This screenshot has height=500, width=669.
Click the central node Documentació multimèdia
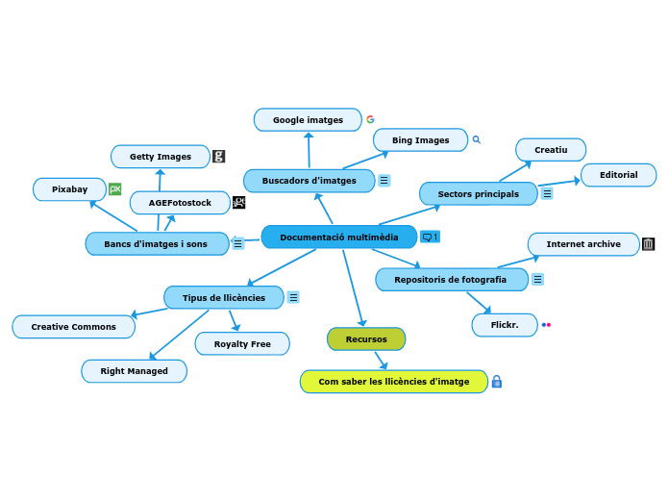338,237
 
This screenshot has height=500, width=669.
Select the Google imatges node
308,119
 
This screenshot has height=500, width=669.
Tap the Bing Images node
420,140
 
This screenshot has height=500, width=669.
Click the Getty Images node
161,157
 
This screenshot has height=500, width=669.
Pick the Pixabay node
69,189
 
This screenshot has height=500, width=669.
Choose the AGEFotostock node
180,203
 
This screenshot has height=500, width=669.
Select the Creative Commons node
73,327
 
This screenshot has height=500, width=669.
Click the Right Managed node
134,371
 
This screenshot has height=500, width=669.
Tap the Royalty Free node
242,343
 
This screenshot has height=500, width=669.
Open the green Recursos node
366,338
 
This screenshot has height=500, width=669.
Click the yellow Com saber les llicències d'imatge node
394,382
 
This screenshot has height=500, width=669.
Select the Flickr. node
505,325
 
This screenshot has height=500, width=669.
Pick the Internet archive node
583,244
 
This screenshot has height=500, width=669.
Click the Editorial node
618,175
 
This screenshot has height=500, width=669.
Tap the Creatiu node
551,150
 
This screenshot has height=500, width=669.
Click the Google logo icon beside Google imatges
370,119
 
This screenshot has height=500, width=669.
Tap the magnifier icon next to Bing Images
476,140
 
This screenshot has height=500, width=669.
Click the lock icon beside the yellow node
497,382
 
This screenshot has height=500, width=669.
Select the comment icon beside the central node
429,237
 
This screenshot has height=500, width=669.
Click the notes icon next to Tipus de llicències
293,298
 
